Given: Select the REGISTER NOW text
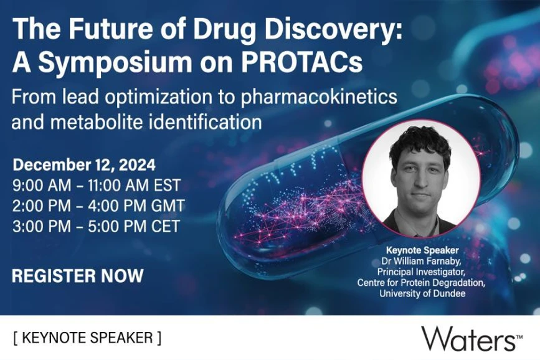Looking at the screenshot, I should [x=78, y=275].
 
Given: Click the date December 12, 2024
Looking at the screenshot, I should [x=85, y=166].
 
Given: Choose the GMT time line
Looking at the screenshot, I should [x=98, y=206].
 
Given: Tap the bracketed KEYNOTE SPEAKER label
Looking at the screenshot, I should [x=87, y=338].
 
